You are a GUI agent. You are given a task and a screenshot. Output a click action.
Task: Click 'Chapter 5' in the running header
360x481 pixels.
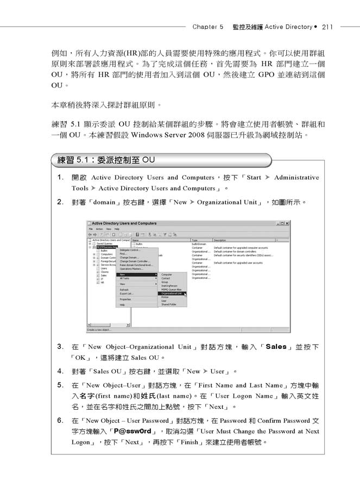click(x=208, y=26)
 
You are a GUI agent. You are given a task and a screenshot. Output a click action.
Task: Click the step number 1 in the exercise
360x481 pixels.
click(x=60, y=178)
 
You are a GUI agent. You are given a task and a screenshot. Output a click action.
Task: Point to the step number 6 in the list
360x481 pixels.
click(x=60, y=420)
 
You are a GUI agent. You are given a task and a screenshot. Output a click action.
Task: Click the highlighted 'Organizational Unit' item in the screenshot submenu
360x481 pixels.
click(x=171, y=293)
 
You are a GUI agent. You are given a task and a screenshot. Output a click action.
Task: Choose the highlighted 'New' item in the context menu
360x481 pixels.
click(x=123, y=275)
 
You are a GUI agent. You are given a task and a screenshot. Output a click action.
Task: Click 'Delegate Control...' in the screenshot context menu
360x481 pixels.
click(x=129, y=250)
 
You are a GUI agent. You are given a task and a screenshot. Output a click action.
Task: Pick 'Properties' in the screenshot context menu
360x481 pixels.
click(x=125, y=299)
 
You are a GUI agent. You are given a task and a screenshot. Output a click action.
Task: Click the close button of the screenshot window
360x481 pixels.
click(x=287, y=223)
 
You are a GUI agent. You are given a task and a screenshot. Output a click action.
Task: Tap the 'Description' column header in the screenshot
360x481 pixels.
click(x=220, y=240)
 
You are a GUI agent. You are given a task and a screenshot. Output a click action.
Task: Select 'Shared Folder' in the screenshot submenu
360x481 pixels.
click(x=168, y=304)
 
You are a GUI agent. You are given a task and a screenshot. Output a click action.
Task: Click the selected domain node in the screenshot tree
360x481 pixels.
click(x=106, y=247)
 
